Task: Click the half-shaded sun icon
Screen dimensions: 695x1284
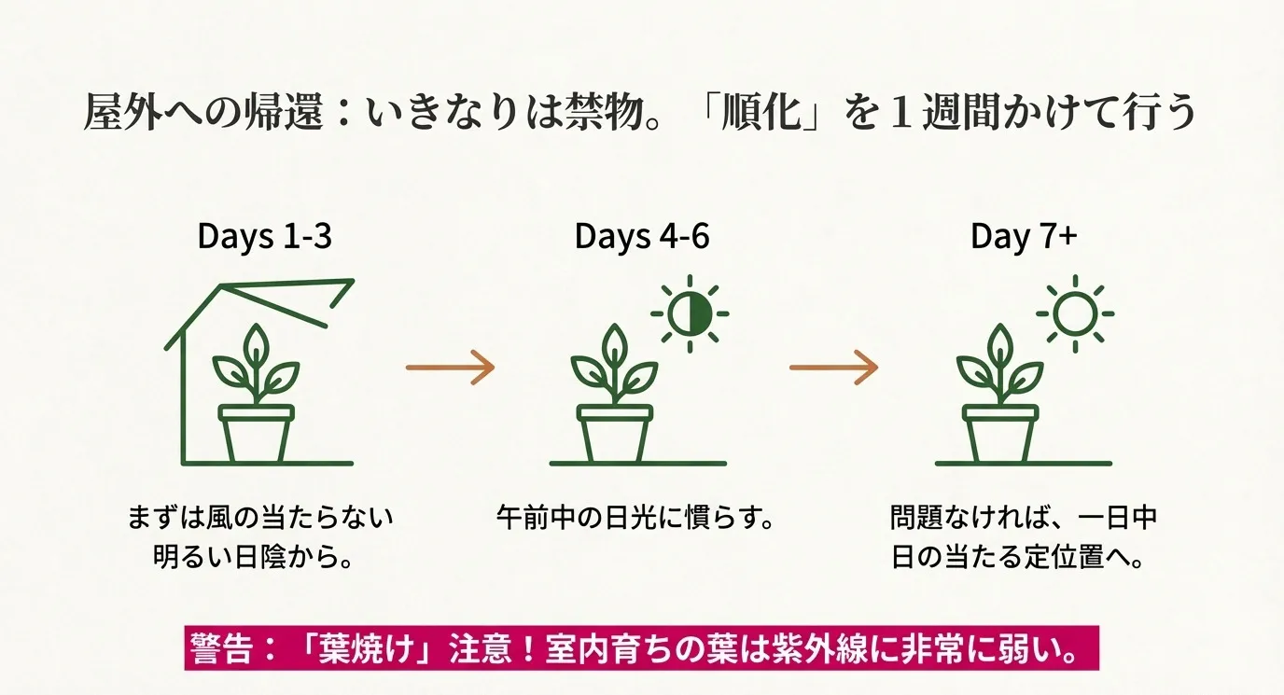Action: click(690, 313)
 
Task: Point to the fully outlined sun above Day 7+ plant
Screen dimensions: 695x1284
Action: click(1075, 313)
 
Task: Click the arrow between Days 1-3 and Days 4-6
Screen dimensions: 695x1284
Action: click(449, 367)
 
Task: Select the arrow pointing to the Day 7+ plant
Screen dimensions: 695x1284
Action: click(833, 367)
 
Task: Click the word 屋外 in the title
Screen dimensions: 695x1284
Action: click(130, 113)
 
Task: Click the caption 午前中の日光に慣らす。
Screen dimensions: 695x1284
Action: click(635, 517)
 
